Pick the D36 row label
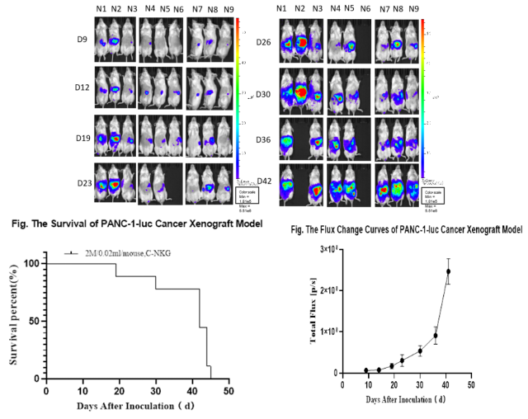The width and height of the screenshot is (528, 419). coord(263,138)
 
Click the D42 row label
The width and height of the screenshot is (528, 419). coord(264,181)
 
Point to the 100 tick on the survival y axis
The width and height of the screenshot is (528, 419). coord(34,264)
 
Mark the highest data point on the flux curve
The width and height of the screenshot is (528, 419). coord(448,271)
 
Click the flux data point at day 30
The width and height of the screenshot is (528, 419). coord(420,351)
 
